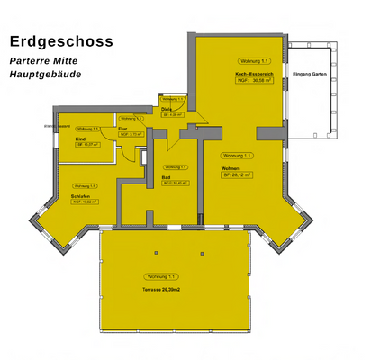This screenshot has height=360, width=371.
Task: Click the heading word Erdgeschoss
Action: tap(61, 40)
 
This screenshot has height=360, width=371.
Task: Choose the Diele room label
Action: tap(167, 109)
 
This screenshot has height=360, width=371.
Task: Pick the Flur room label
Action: tap(123, 129)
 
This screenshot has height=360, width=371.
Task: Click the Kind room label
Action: tap(80, 139)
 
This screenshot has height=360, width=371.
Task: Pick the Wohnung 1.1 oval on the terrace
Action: tap(159, 276)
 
